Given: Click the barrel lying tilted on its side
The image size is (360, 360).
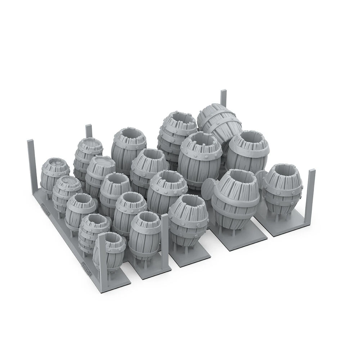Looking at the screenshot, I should [220, 122].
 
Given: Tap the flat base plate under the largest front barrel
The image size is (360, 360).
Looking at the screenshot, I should [239, 239].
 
